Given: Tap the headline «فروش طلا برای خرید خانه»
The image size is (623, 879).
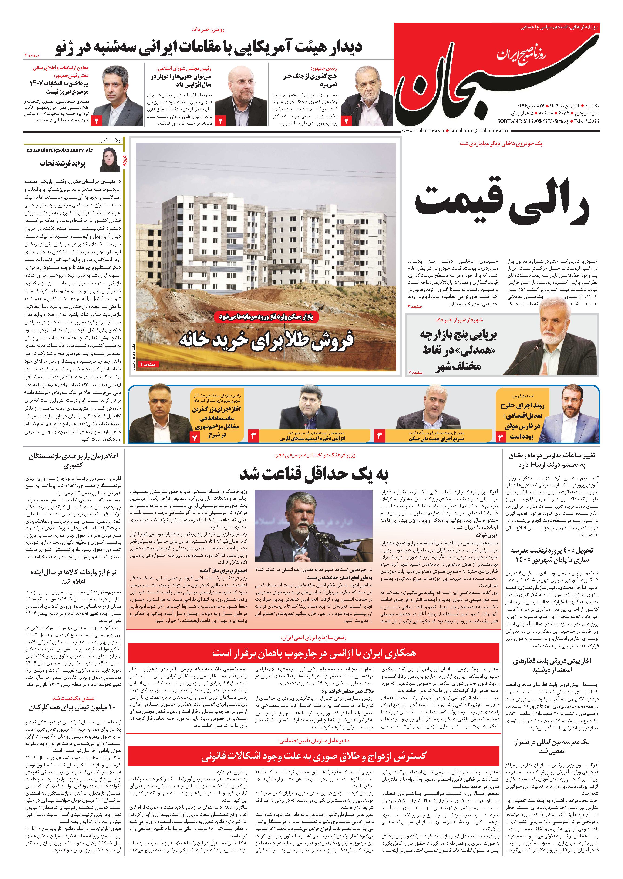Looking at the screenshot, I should tap(267, 339).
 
